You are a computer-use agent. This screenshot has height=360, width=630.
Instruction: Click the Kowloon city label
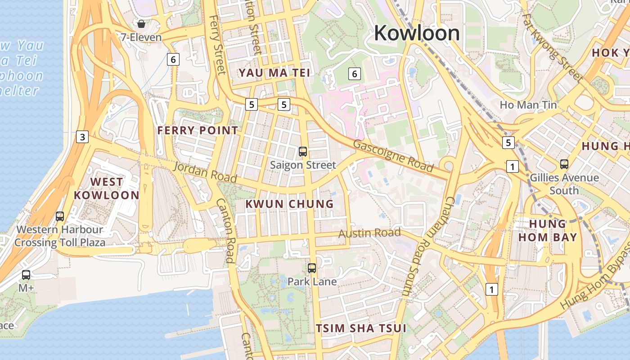click(x=417, y=33)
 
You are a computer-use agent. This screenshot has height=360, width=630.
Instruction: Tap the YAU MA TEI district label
click(x=274, y=72)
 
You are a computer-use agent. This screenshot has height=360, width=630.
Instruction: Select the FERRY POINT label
click(x=198, y=130)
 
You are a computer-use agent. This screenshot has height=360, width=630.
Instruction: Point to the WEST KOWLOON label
click(x=106, y=189)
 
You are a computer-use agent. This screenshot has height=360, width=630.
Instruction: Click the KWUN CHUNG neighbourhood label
click(x=289, y=204)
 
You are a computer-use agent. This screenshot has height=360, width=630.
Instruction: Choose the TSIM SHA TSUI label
click(x=361, y=328)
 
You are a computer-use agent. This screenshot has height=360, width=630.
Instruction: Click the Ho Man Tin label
click(x=528, y=105)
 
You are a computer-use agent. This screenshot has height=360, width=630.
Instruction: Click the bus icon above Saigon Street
click(x=303, y=152)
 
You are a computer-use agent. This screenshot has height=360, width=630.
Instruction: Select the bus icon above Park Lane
click(x=312, y=268)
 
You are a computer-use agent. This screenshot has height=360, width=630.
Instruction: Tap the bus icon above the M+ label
click(x=26, y=274)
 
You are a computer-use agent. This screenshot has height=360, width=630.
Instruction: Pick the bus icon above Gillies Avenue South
click(x=564, y=164)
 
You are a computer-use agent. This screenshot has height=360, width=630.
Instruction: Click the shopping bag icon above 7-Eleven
click(x=141, y=24)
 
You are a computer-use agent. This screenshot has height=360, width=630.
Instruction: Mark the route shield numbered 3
click(x=82, y=137)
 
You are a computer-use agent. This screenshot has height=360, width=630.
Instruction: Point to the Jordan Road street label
click(x=205, y=172)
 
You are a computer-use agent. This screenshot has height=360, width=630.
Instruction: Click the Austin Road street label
click(x=369, y=233)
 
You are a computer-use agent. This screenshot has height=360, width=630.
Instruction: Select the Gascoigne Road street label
click(x=393, y=156)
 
